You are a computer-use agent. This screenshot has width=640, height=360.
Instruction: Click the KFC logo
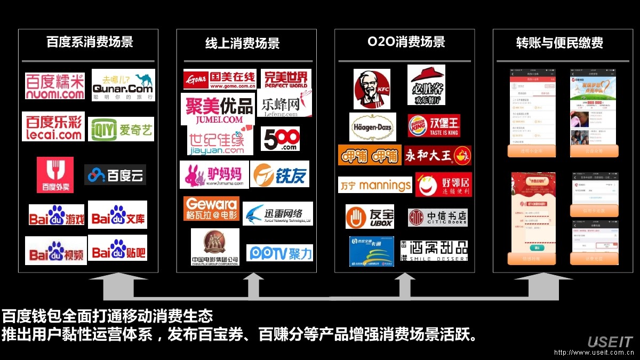point(372,89)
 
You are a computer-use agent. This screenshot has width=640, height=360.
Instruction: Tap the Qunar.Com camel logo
point(123,85)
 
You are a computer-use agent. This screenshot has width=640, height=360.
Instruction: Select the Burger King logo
point(434,126)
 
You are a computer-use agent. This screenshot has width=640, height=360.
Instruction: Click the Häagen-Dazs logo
point(372,127)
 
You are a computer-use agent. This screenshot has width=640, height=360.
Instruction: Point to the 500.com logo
point(280,139)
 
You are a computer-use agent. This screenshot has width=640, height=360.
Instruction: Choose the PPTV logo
point(279,253)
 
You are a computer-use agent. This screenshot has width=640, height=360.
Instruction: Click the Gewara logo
point(211,209)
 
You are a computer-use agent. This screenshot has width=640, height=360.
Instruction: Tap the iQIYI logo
point(121,129)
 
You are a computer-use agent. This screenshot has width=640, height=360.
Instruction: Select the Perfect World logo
point(286,78)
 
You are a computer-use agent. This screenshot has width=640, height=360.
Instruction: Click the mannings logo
point(375,185)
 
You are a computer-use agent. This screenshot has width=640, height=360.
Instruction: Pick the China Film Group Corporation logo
point(215,247)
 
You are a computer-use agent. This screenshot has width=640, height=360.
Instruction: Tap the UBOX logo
point(370,217)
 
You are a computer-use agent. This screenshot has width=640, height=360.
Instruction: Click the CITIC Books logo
point(437,217)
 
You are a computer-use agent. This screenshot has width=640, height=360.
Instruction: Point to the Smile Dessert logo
point(434,251)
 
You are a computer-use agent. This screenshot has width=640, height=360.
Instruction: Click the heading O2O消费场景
point(406,42)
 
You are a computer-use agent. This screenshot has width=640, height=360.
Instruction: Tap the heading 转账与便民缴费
point(559,43)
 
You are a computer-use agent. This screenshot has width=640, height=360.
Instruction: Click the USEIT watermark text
point(610,342)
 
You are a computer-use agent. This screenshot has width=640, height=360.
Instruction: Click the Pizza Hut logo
point(426,84)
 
